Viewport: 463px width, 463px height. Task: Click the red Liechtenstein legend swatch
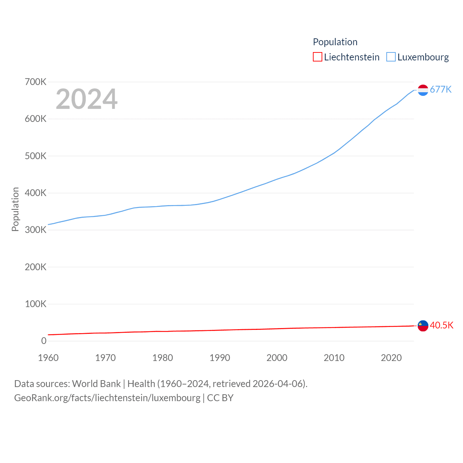click(317, 57)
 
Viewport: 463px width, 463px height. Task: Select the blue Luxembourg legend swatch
click(391, 57)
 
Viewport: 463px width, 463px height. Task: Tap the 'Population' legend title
click(335, 42)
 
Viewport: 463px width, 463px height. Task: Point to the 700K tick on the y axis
click(35, 82)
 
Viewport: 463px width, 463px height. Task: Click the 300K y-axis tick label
click(35, 230)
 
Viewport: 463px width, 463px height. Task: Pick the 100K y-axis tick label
click(35, 304)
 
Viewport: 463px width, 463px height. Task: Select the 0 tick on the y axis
click(44, 341)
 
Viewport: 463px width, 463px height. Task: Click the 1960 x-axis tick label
click(48, 358)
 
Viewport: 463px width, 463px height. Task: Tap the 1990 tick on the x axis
click(220, 358)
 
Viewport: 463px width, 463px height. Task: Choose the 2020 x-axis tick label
click(391, 358)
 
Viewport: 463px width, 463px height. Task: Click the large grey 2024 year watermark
click(86, 99)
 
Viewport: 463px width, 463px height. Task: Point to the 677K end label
click(441, 89)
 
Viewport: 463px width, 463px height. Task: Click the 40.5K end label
click(441, 325)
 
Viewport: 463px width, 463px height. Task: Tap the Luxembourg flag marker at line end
click(423, 90)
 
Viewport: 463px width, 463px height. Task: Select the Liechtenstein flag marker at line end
click(423, 326)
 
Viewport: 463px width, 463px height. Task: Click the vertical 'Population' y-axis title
click(15, 209)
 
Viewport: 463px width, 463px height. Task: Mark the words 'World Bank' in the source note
click(96, 383)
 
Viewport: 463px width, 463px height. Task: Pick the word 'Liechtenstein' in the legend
click(352, 57)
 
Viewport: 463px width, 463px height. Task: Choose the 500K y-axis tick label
click(35, 156)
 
